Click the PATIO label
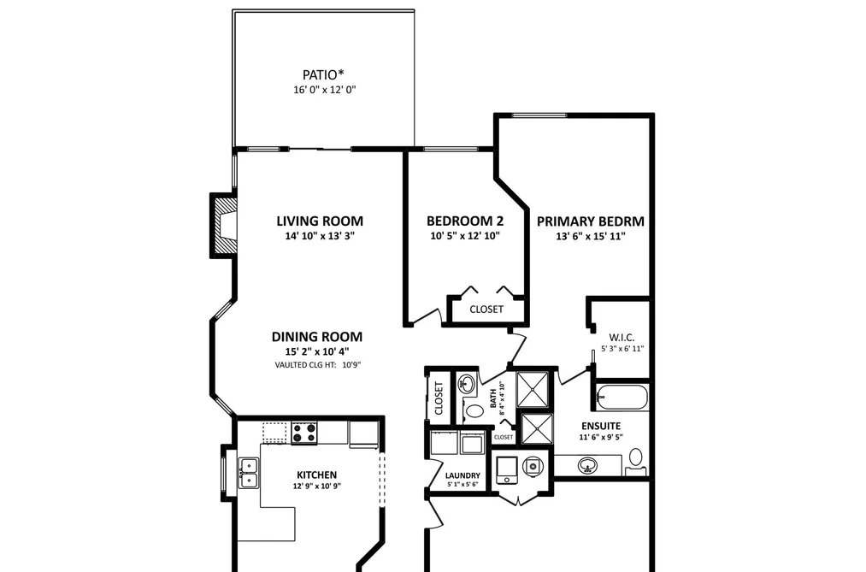[x=323, y=74]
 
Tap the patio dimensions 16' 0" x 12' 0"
[x=325, y=90]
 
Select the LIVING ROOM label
[x=320, y=221]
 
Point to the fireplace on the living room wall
[x=224, y=225]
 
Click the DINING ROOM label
[x=317, y=337]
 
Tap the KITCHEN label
[x=316, y=475]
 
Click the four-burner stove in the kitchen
[x=304, y=433]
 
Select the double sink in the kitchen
[x=249, y=474]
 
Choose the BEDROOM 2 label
[x=465, y=221]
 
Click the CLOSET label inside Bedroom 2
[x=486, y=310]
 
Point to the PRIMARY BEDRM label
[x=591, y=221]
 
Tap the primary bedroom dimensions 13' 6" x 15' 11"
[x=591, y=236]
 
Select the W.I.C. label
[x=622, y=338]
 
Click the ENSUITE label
[x=601, y=427]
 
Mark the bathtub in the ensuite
[x=622, y=397]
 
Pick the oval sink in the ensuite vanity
[x=587, y=465]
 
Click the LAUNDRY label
[x=462, y=475]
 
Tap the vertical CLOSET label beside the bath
[x=439, y=398]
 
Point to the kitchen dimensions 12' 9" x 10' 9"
[x=317, y=486]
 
